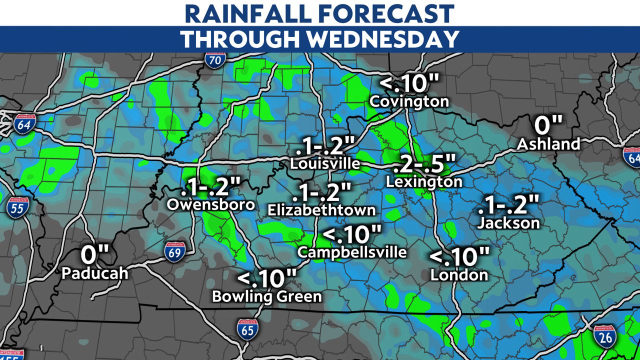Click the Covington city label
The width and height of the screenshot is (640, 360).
coord(409,101)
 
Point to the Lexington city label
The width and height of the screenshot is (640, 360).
coord(424,182)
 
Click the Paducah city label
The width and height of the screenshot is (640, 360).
coord(95,273)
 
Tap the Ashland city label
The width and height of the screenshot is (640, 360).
coord(548,144)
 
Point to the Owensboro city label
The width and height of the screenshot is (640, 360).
coord(211,204)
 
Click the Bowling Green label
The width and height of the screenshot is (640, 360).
coord(267,296)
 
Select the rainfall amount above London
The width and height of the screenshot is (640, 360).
coord(459,257)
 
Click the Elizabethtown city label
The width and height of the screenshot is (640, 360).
coord(321,209)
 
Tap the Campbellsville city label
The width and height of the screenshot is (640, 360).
coord(352,252)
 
